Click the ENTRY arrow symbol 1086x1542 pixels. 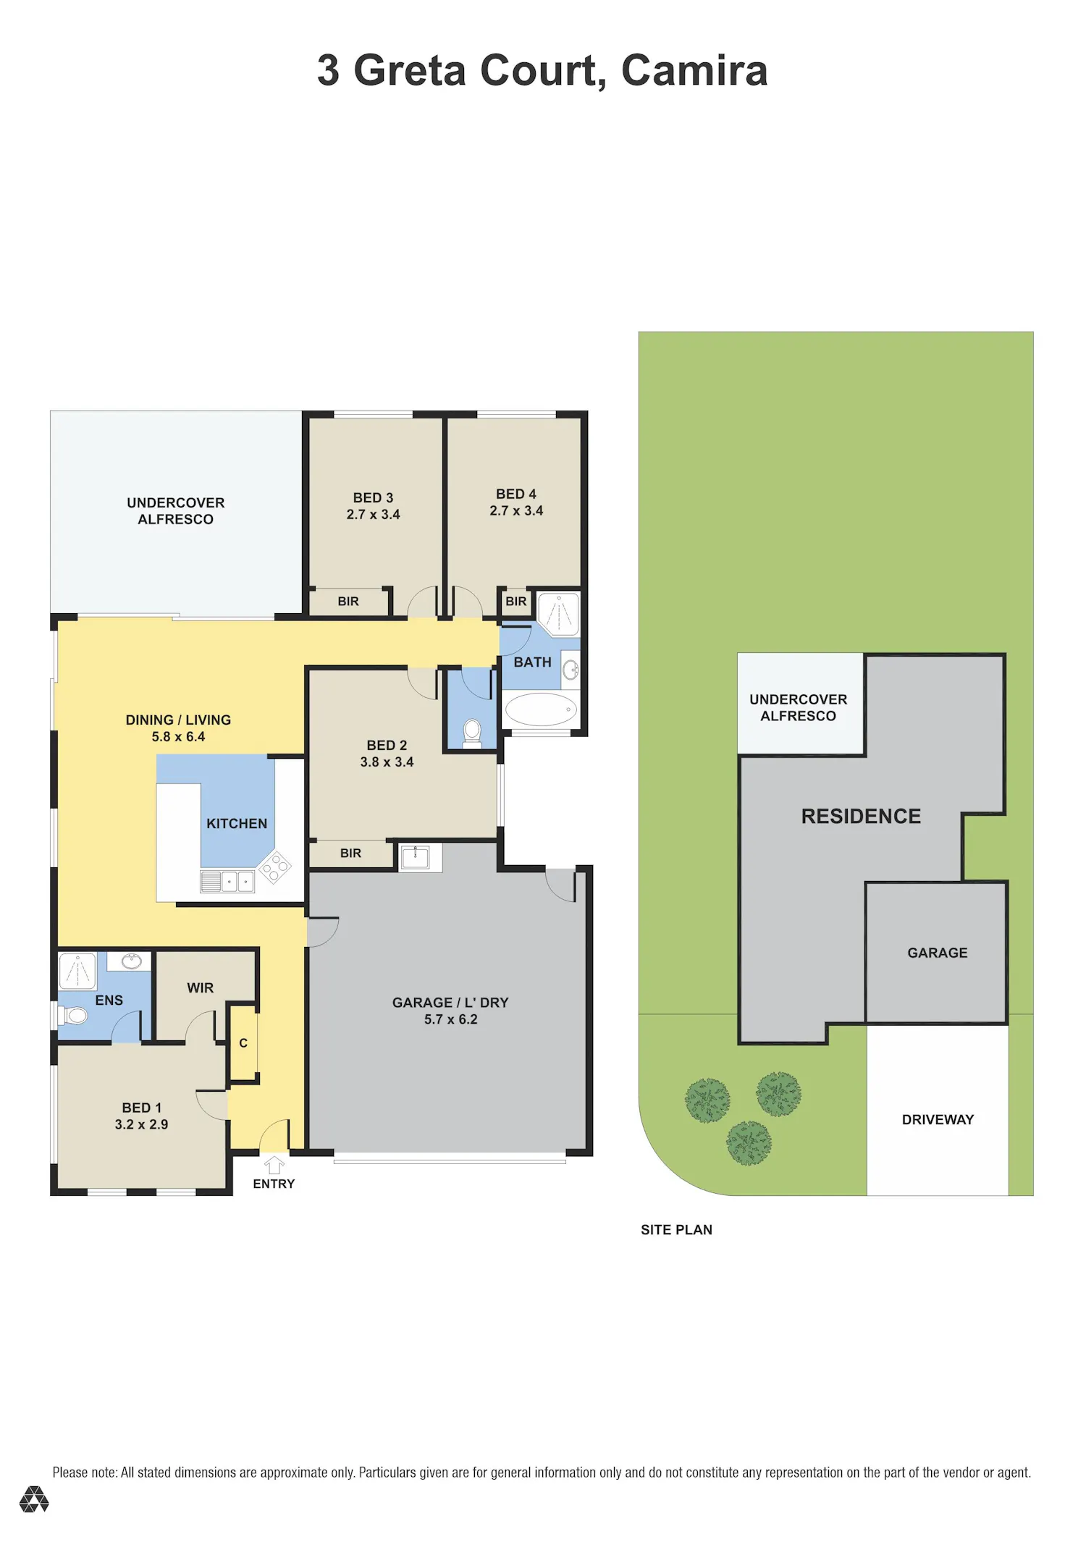(x=274, y=1165)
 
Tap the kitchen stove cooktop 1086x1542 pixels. (x=274, y=867)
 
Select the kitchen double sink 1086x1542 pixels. (x=227, y=881)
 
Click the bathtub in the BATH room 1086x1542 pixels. (x=541, y=709)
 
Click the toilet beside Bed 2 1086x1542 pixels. (x=472, y=733)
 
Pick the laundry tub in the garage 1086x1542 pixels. (x=416, y=858)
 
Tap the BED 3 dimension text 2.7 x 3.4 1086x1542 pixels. (x=373, y=515)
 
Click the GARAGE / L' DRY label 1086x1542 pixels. (x=450, y=1003)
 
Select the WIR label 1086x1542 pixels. (x=200, y=988)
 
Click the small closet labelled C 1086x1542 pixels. (x=243, y=1043)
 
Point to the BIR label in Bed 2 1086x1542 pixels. (x=350, y=854)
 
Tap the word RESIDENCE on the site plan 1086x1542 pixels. (x=861, y=817)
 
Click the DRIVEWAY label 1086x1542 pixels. (x=938, y=1120)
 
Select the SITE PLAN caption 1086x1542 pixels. (x=676, y=1230)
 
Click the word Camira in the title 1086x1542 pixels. (x=694, y=70)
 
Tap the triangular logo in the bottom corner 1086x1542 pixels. (x=34, y=1499)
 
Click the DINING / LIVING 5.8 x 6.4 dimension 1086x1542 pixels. (x=178, y=737)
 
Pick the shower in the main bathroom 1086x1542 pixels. (x=558, y=614)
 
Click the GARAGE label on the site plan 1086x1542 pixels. (x=938, y=953)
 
